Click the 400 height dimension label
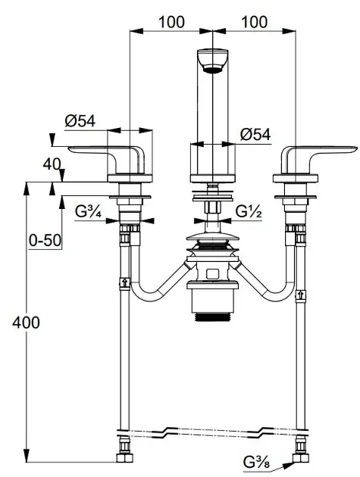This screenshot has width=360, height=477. coord(26,323)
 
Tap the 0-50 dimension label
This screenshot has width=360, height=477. coord(45,241)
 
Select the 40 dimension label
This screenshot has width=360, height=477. coord(52,164)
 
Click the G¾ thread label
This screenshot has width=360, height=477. coord(89,211)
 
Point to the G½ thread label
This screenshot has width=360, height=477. coord(249,211)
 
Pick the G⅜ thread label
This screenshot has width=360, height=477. coord(256,463)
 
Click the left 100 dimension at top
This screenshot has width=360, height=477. coord(171,22)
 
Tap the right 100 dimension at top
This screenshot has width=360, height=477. coord(255,22)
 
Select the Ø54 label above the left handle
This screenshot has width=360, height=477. coord(80,121)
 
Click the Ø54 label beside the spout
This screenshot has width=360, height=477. coord(255,134)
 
